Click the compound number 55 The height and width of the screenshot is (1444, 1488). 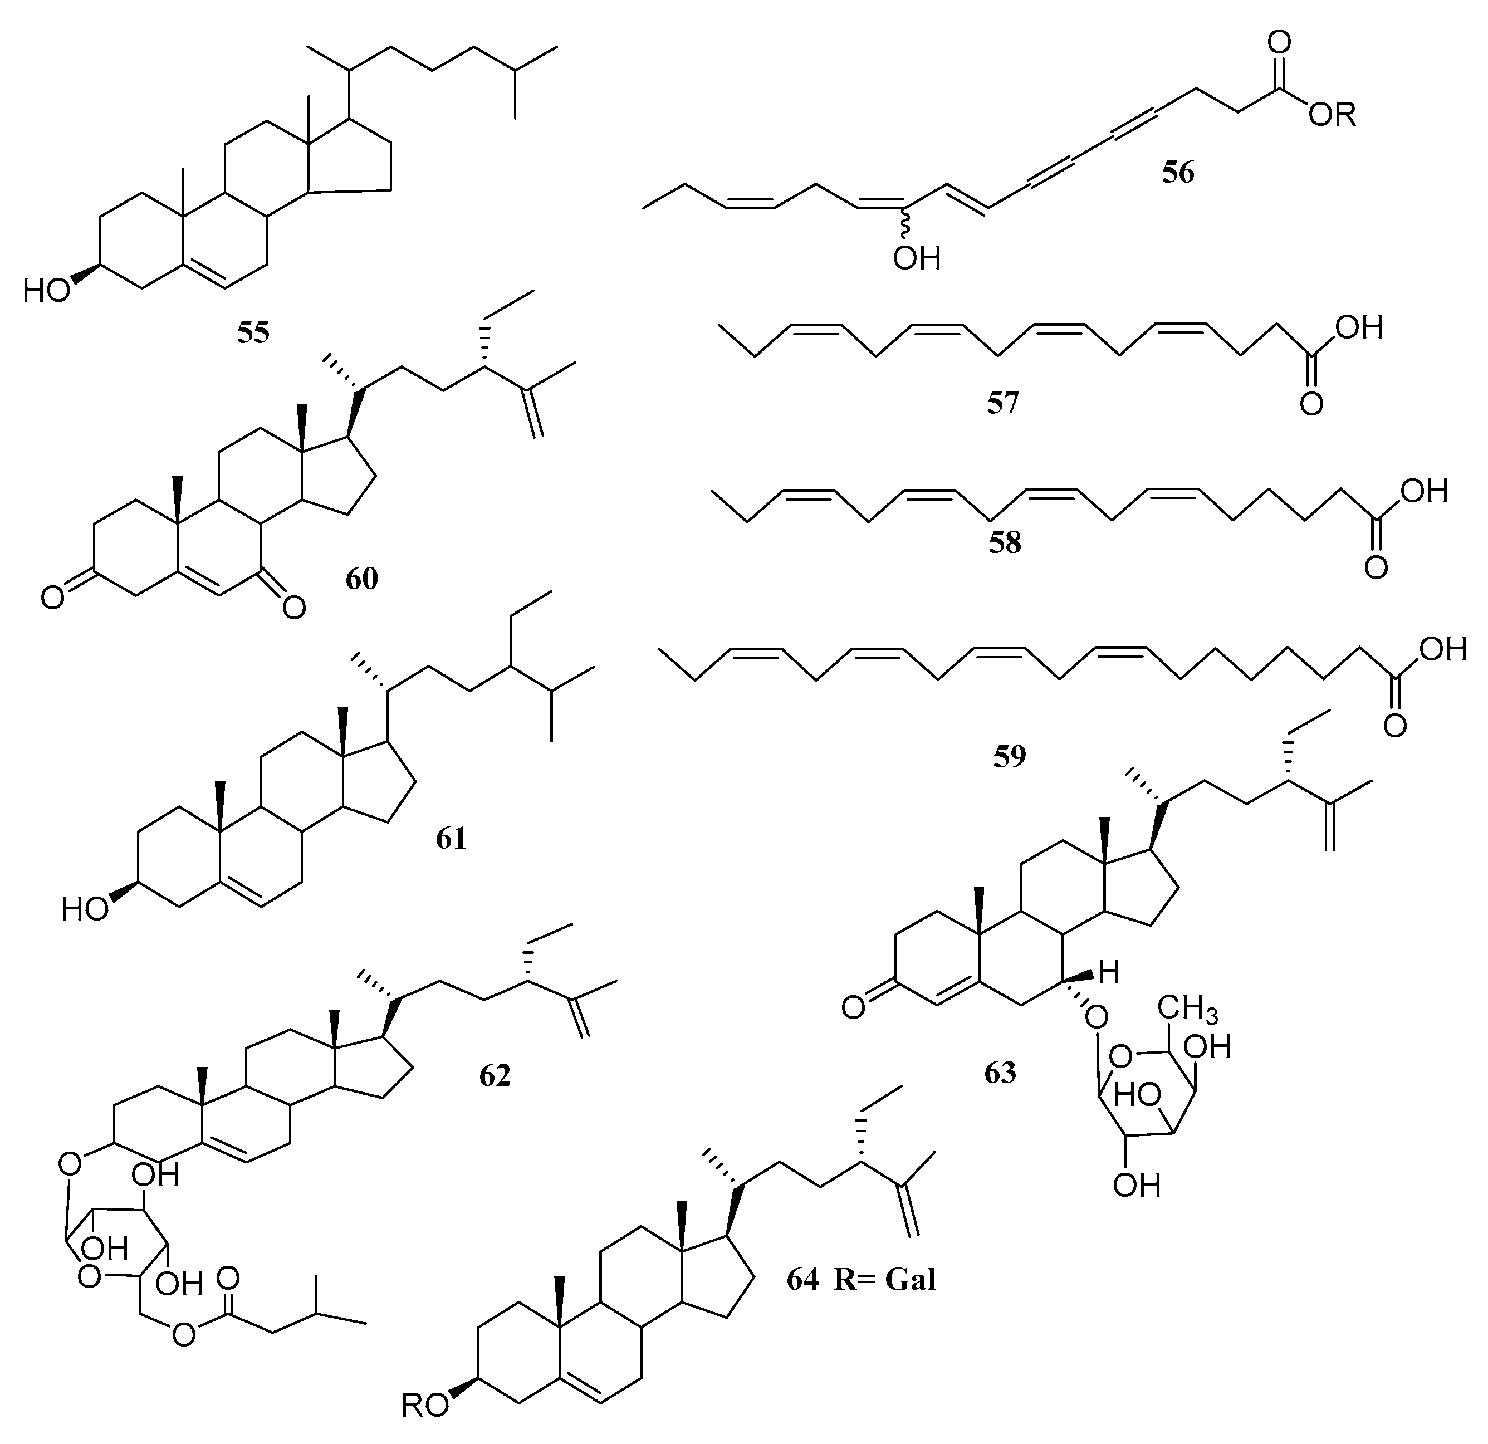point(253,332)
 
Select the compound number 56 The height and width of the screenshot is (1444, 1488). point(1177,172)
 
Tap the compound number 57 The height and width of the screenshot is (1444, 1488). point(1002,403)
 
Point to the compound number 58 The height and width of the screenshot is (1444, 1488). point(1005,543)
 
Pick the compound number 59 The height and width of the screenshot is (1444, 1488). point(1010,756)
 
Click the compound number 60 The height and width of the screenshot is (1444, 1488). point(361,579)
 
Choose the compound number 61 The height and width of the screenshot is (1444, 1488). point(451,838)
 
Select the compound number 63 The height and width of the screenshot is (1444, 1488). point(1000,1072)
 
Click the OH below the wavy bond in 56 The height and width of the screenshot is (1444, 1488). point(916,260)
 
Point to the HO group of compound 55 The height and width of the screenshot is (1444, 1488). point(47,290)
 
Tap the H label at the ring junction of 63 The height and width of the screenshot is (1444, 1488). point(1109,973)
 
